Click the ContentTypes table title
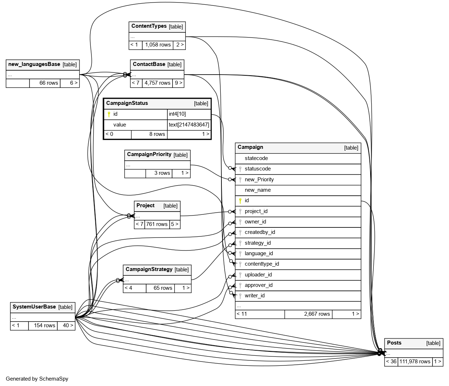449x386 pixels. coord(149,26)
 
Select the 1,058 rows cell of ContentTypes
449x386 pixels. coord(158,45)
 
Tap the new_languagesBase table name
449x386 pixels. coord(34,65)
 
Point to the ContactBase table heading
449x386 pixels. coord(149,65)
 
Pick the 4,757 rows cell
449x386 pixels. coord(157,83)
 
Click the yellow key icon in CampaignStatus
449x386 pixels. coord(109,114)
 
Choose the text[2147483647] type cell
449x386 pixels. coord(189,125)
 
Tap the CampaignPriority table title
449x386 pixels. coord(149,155)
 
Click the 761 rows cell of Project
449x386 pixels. coord(157,224)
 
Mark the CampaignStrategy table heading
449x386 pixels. coord(149,270)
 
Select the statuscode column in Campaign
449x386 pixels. coord(257,169)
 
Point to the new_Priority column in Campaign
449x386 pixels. coord(259,179)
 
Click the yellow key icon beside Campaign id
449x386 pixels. coord(240,201)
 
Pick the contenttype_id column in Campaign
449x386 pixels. coord(261,264)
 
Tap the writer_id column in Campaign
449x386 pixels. coord(254,296)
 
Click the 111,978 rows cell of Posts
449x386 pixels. coord(414,361)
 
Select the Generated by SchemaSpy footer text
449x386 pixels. coord(37,379)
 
